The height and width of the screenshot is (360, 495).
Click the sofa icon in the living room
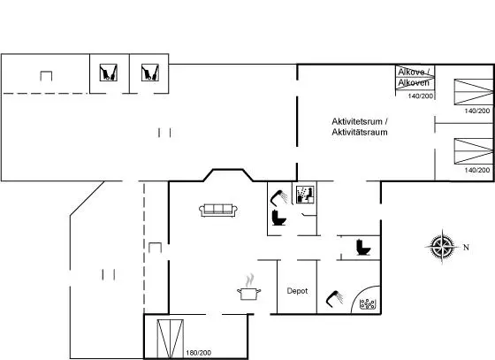pyautogui.click(x=218, y=211)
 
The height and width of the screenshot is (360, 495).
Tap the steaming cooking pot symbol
pyautogui.click(x=249, y=287)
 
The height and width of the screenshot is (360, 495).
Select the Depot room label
pyautogui.click(x=297, y=291)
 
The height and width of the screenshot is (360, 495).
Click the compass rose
pyautogui.click(x=442, y=247)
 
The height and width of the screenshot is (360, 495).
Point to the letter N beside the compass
pyautogui.click(x=466, y=248)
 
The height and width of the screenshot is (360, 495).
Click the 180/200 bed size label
pyautogui.click(x=199, y=353)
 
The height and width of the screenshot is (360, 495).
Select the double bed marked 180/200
pyautogui.click(x=170, y=339)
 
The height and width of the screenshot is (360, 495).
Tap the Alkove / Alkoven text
pyautogui.click(x=414, y=77)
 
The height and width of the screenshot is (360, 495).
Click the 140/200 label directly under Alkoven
pyautogui.click(x=421, y=96)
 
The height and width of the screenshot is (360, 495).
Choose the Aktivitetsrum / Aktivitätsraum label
pyautogui.click(x=360, y=126)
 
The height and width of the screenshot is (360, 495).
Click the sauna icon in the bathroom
pyautogui.click(x=305, y=195)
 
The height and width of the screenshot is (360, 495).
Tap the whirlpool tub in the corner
pyautogui.click(x=368, y=303)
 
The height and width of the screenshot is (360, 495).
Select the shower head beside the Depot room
pyautogui.click(x=334, y=298)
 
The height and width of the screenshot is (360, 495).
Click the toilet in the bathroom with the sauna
pyautogui.click(x=278, y=218)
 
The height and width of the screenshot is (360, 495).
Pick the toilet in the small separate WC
pyautogui.click(x=363, y=248)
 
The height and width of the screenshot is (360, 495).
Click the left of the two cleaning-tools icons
pyautogui.click(x=108, y=73)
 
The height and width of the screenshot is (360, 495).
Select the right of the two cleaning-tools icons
pyautogui.click(x=150, y=73)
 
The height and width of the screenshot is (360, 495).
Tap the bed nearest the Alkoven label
pyautogui.click(x=474, y=92)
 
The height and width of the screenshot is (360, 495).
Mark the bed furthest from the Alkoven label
pyautogui.click(x=474, y=151)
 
